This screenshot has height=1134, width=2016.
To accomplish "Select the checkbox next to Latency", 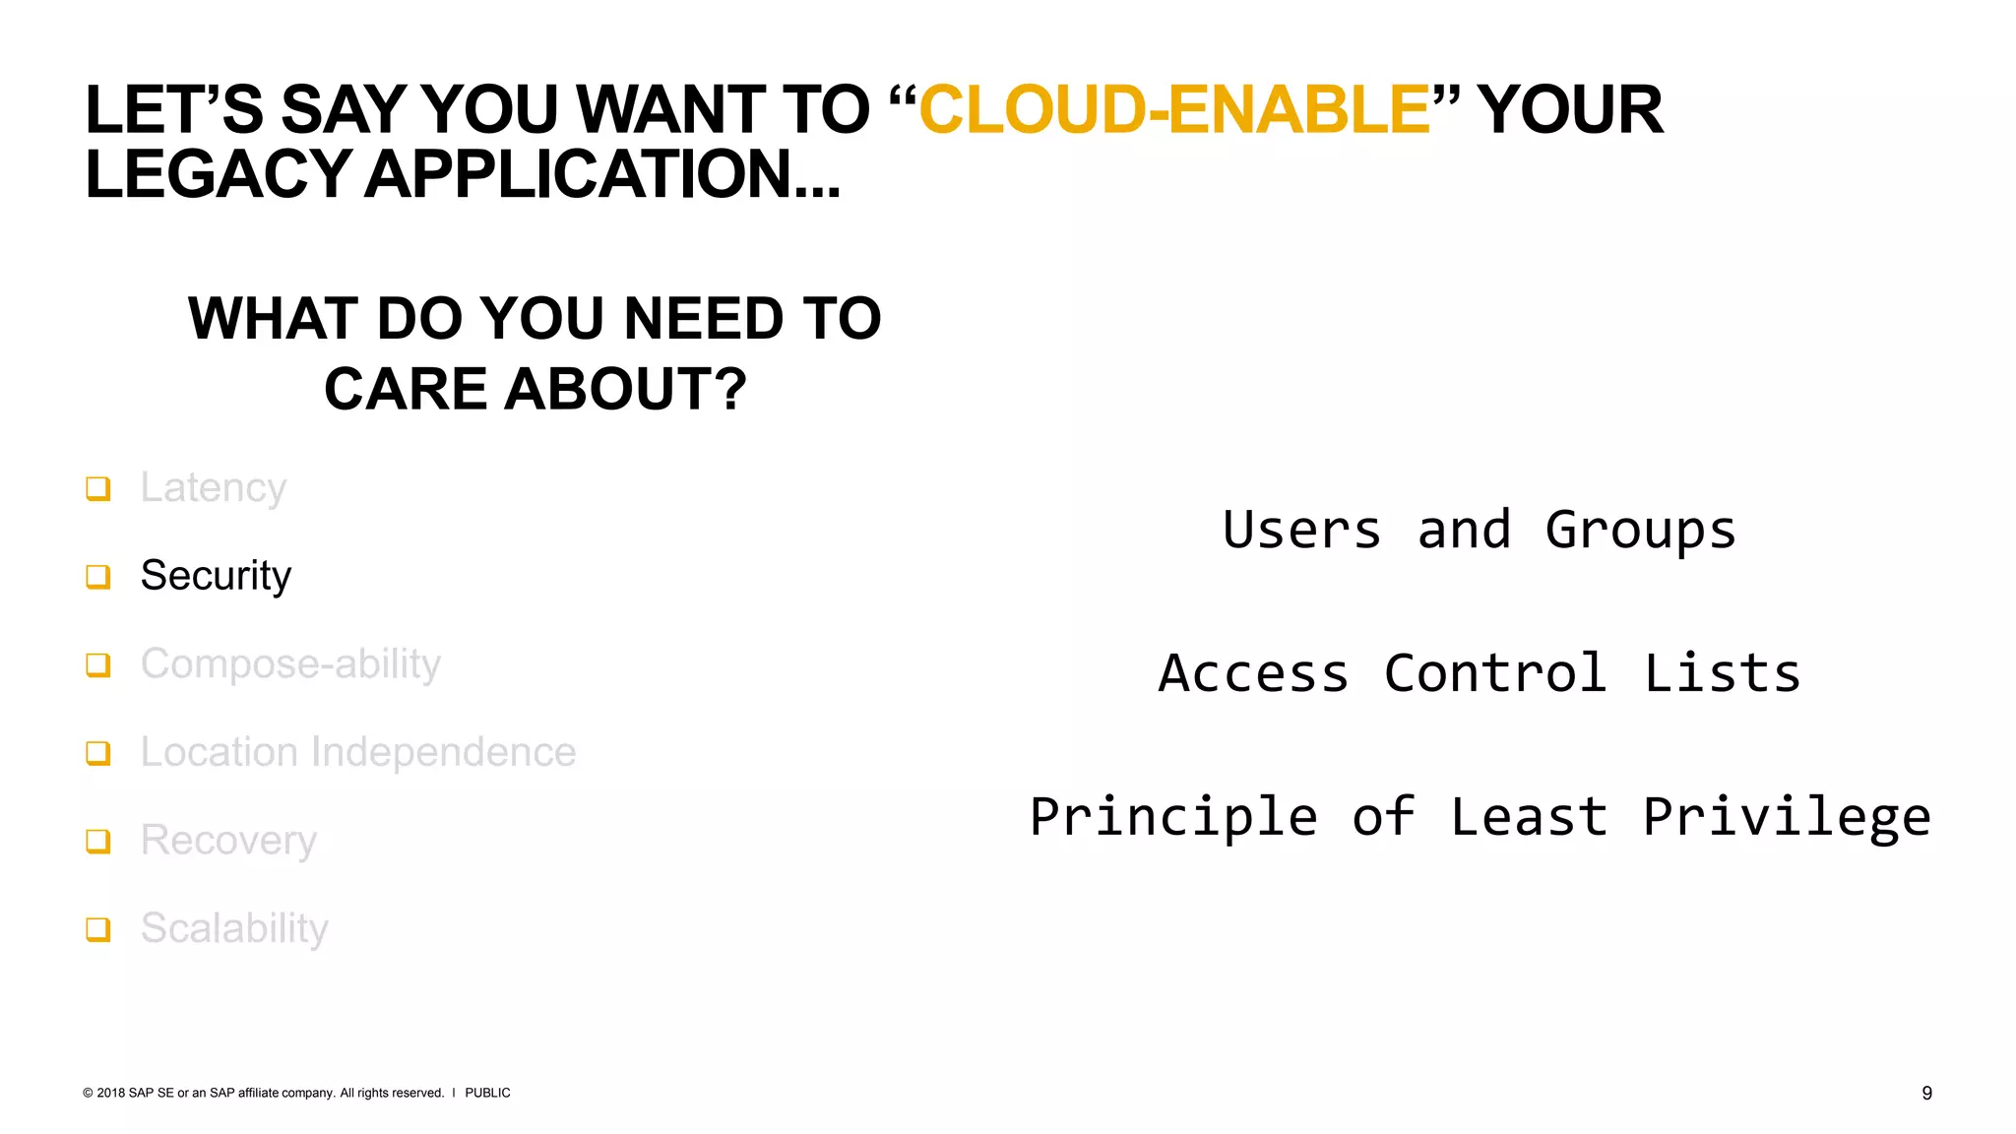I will pyautogui.click(x=98, y=488).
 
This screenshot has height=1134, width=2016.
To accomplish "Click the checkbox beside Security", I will pyautogui.click(x=98, y=577).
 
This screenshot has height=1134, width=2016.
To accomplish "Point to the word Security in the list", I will pyautogui.click(x=216, y=576).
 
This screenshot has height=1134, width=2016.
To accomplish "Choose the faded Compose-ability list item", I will pyautogui.click(x=290, y=664).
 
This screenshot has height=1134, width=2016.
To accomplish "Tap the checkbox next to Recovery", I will pyautogui.click(x=98, y=842).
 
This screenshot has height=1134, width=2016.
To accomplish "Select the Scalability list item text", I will pyautogui.click(x=234, y=928).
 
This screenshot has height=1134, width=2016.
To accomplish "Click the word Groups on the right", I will pyautogui.click(x=1640, y=531).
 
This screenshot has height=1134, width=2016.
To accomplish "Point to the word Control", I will pyautogui.click(x=1495, y=674).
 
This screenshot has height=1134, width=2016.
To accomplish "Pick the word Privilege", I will pyautogui.click(x=1787, y=818).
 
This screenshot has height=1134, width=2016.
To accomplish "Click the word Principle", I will pyautogui.click(x=1173, y=818).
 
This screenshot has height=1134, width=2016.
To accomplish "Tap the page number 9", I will pyautogui.click(x=1926, y=1093).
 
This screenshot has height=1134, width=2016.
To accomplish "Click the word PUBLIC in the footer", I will pyautogui.click(x=487, y=1093).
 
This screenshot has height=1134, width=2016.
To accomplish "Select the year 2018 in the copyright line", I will pyautogui.click(x=111, y=1093).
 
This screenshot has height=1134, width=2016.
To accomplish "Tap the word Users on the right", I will pyautogui.click(x=1301, y=531).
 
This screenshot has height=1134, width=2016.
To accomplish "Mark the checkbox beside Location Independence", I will pyautogui.click(x=98, y=753).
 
